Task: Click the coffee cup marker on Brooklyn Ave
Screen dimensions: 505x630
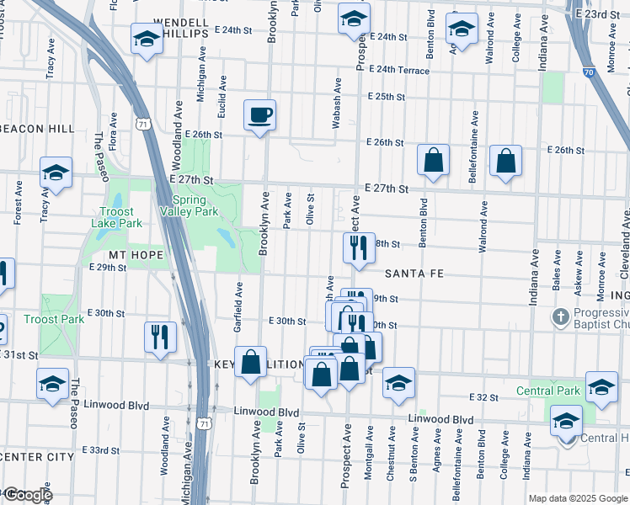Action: pos(260,114)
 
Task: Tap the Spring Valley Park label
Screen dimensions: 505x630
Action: pos(195,205)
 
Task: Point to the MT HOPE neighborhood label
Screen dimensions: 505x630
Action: pos(134,252)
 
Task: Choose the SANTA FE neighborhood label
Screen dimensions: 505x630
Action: pos(414,274)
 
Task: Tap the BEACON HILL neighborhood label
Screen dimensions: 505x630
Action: pos(38,129)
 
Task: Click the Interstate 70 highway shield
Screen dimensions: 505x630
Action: pos(587,73)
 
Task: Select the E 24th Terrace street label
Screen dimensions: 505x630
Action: pos(398,70)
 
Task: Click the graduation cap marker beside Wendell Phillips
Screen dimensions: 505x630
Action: pos(147,39)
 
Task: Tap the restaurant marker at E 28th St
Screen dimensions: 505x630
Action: pos(358,247)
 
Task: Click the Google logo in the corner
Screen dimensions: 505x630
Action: pos(27,495)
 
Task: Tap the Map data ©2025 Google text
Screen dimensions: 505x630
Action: pos(577,498)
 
